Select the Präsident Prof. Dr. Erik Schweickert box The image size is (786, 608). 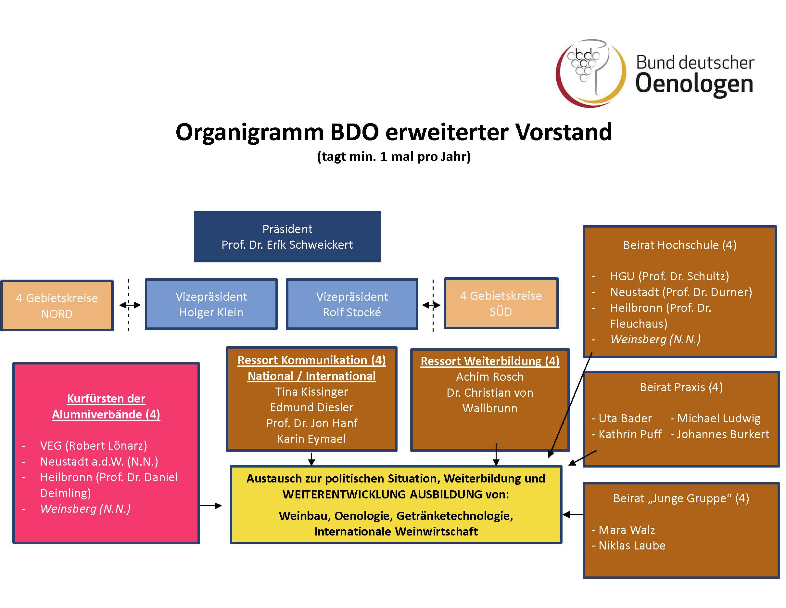tap(287, 236)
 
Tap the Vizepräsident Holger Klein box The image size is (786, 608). tap(211, 304)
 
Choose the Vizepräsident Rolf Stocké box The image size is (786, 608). tap(352, 304)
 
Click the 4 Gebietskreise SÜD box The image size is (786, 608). tap(501, 303)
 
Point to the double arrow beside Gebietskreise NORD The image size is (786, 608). tap(130, 305)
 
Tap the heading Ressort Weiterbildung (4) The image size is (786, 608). tap(490, 361)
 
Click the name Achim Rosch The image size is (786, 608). tap(490, 377)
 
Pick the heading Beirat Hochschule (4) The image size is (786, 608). tap(679, 245)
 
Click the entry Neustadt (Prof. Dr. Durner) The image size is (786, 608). tap(681, 292)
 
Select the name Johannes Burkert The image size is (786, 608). tap(723, 434)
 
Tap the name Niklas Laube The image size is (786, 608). tap(632, 545)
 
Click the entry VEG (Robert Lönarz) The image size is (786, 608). tap(94, 445)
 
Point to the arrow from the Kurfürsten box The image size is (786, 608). tap(211, 506)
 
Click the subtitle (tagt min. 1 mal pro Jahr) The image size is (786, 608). tap(394, 156)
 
